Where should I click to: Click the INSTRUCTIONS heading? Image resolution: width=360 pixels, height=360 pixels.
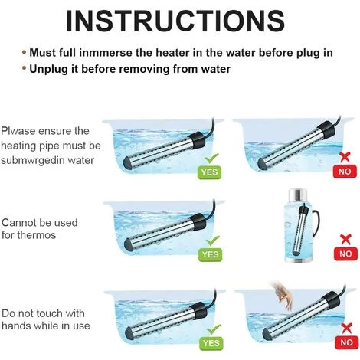click(175, 21)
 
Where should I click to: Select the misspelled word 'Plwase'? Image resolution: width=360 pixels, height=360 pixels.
click(18, 131)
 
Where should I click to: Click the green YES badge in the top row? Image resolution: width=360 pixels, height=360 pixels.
click(209, 172)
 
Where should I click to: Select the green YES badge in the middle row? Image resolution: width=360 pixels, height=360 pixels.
click(210, 254)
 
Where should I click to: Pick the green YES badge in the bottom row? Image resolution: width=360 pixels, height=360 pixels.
click(211, 343)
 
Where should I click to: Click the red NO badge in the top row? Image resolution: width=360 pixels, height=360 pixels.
click(345, 172)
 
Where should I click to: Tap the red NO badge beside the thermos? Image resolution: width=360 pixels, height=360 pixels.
click(345, 254)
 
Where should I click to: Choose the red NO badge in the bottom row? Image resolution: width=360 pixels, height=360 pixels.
click(346, 342)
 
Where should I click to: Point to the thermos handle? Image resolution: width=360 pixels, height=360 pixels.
click(316, 221)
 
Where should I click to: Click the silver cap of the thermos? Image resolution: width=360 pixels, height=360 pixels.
click(298, 195)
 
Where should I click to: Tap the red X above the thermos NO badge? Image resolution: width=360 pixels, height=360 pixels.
click(345, 240)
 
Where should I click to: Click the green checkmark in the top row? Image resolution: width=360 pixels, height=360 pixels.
click(212, 159)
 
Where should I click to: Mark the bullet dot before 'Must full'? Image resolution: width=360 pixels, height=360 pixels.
click(25, 53)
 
